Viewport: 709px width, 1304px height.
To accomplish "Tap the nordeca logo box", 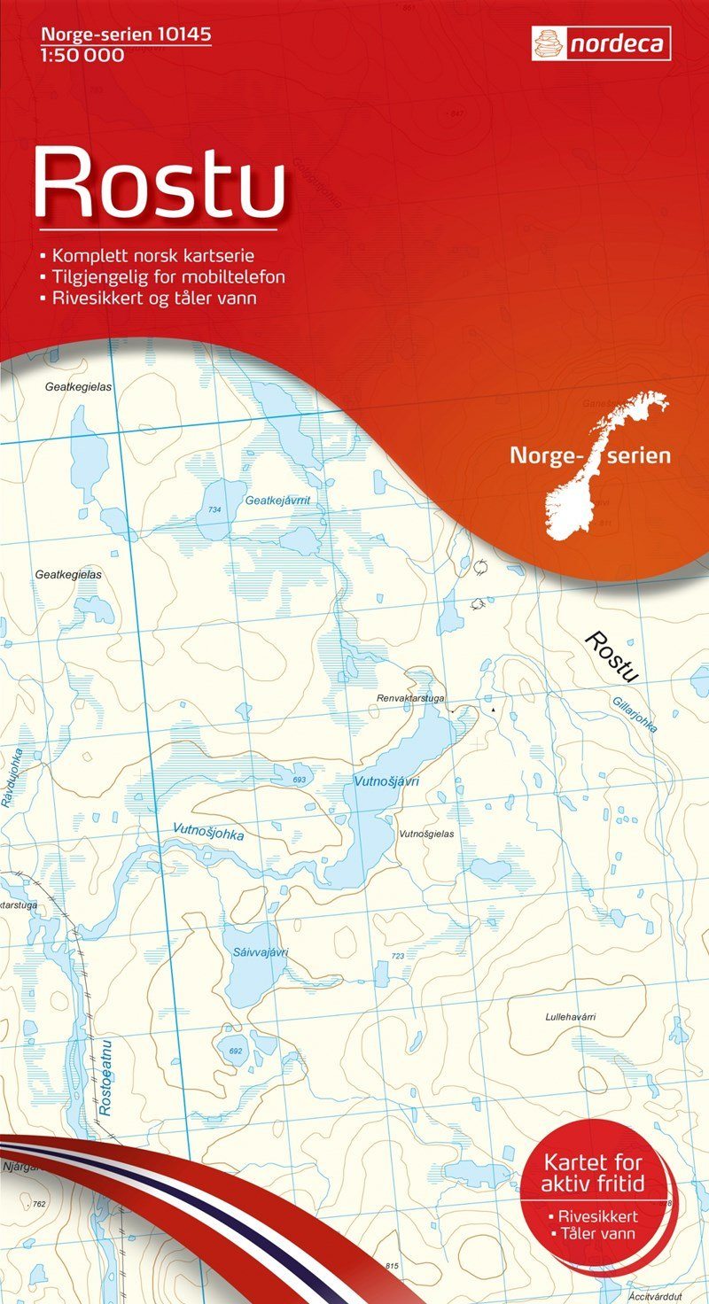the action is (601, 43).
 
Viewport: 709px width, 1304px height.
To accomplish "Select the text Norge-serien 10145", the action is (125, 35).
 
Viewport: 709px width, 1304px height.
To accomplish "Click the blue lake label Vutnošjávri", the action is (386, 781).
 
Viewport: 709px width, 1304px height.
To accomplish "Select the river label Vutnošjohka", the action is (208, 830).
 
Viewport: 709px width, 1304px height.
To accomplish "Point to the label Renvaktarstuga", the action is (409, 698).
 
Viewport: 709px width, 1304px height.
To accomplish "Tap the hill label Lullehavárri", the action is (570, 1017).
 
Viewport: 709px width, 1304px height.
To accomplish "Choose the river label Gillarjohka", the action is (635, 713).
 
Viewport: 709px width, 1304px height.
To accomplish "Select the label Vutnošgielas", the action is (426, 834).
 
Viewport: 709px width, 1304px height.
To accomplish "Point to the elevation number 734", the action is (214, 510).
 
